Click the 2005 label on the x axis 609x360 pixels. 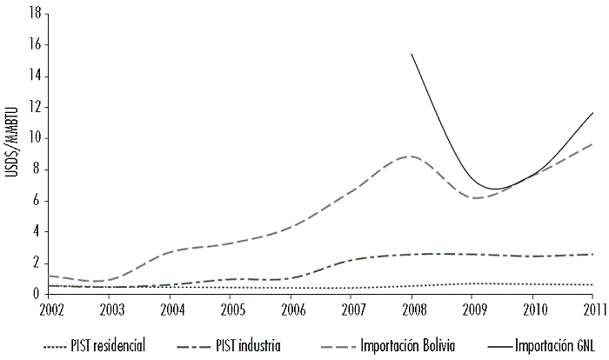pyautogui.click(x=231, y=309)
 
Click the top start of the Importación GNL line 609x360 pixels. pyautogui.click(x=412, y=54)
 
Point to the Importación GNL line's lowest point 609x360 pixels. pyautogui.click(x=493, y=189)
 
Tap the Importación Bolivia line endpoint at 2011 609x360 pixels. pyautogui.click(x=592, y=144)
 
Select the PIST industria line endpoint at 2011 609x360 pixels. pyautogui.click(x=592, y=254)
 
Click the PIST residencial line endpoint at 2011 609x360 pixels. pyautogui.click(x=592, y=285)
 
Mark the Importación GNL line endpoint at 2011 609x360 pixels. pyautogui.click(x=592, y=113)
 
